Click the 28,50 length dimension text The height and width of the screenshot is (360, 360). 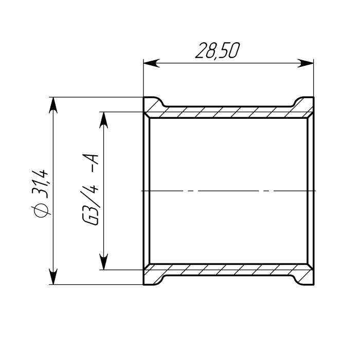point(217,50)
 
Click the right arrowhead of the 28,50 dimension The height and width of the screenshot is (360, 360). point(305,63)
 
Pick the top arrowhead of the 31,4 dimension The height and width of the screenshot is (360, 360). point(53,105)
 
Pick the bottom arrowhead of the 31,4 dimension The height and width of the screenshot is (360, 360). point(53,277)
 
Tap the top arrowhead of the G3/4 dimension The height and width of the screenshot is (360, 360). point(104,120)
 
